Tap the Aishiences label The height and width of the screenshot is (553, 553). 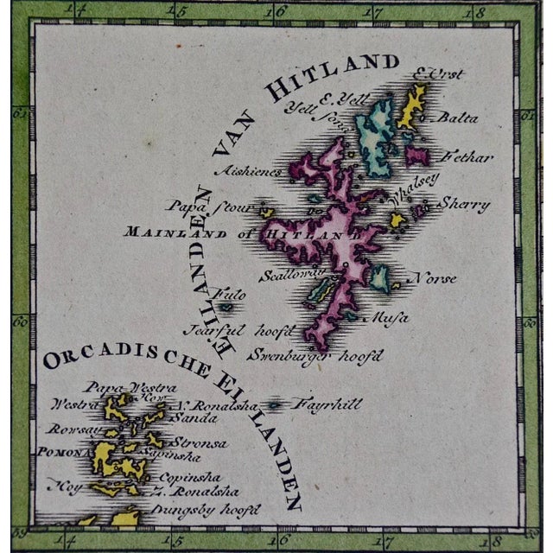click(251, 171)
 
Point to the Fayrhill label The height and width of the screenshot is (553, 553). click(325, 404)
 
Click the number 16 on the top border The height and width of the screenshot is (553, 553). click(276, 12)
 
